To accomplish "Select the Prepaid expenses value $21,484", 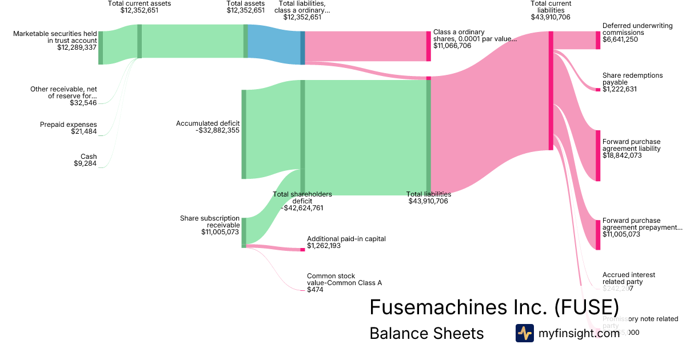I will (x=85, y=132).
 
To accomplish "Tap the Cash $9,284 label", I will (x=85, y=160).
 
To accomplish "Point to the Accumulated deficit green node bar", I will (x=244, y=134).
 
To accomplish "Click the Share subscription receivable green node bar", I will (x=244, y=231).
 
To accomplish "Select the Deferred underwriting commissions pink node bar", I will (x=598, y=40).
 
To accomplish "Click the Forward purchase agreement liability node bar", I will (x=598, y=156).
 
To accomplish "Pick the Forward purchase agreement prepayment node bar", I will (x=598, y=234).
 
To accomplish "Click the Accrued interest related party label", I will (x=629, y=278).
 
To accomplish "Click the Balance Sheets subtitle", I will (x=426, y=333).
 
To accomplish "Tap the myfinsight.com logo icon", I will (x=524, y=333).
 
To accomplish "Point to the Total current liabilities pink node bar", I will (x=551, y=90).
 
